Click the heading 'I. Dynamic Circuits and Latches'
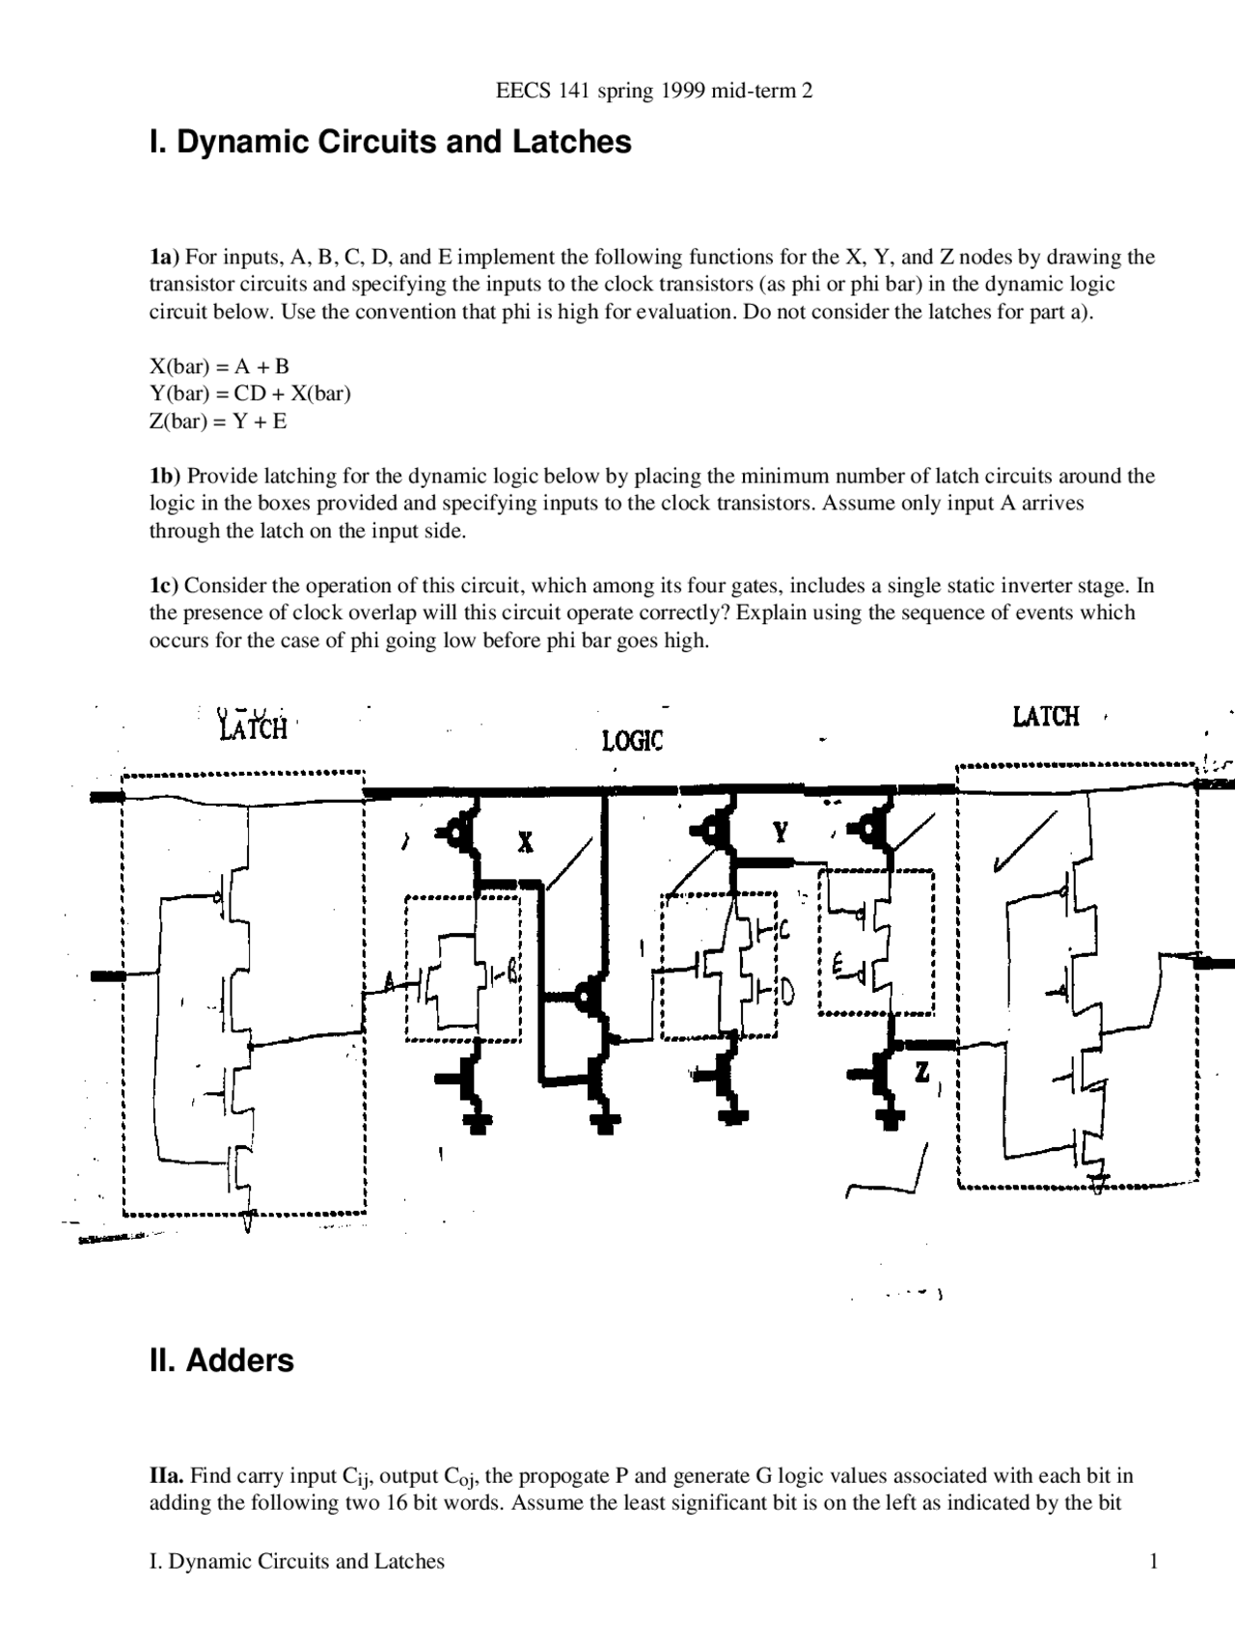click(390, 142)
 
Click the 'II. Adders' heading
click(221, 1360)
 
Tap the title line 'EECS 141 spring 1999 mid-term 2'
click(653, 91)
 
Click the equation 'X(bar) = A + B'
click(219, 367)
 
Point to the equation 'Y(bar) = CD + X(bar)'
click(250, 394)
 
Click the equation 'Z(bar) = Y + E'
click(217, 422)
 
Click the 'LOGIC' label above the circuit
click(632, 741)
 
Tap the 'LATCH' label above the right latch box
click(1045, 717)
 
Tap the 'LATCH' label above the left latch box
click(254, 727)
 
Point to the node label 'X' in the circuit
click(525, 843)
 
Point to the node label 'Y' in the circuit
click(780, 832)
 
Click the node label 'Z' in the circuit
click(922, 1072)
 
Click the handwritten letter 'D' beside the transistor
click(786, 991)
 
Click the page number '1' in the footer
click(1153, 1562)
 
